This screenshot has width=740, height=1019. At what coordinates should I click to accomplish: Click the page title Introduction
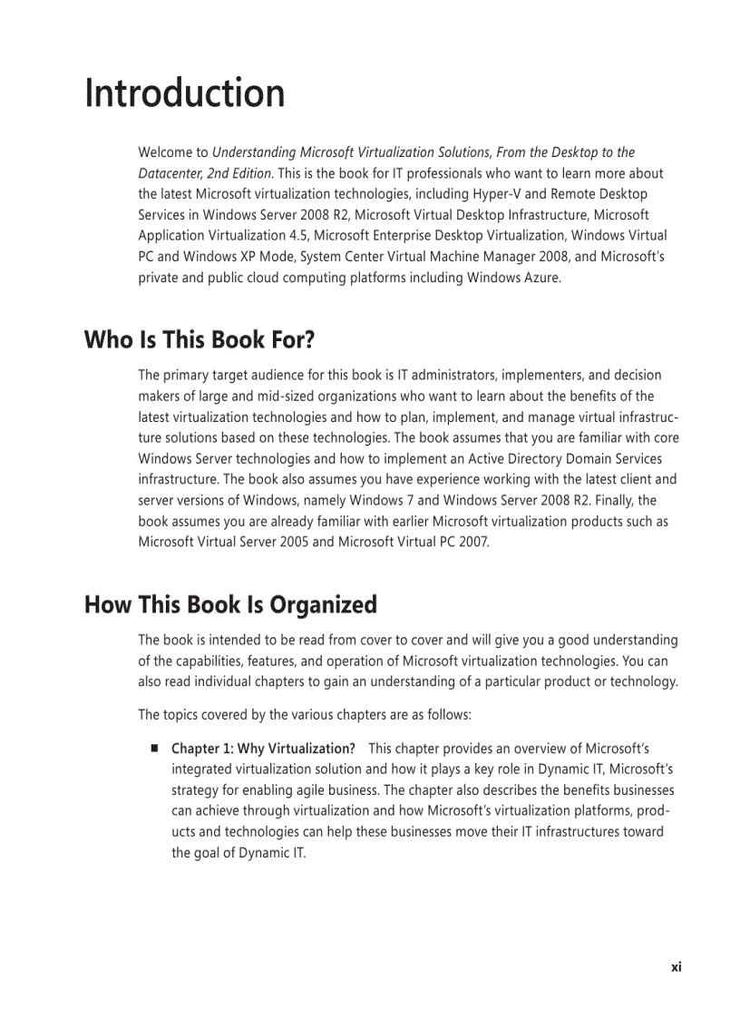(185, 93)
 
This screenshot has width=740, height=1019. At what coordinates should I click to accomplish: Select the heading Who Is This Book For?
(199, 340)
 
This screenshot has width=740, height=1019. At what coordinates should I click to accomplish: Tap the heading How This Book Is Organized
(230, 604)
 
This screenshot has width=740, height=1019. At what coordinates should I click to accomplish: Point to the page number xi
(676, 967)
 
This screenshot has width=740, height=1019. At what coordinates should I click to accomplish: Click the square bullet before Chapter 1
(155, 749)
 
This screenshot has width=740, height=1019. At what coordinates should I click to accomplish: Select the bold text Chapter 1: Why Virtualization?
(263, 749)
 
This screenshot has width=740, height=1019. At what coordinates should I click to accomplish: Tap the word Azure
(541, 278)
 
